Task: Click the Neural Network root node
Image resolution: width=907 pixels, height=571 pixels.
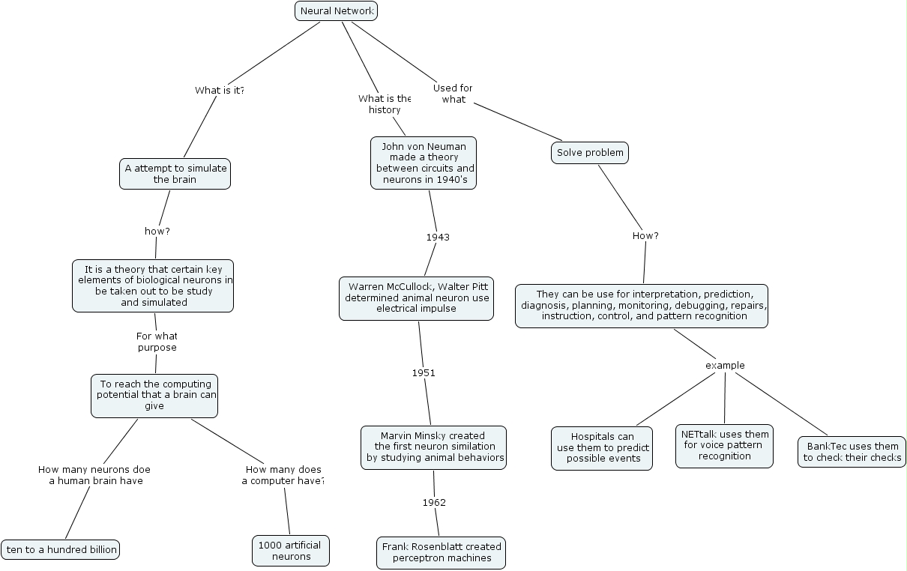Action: coord(336,11)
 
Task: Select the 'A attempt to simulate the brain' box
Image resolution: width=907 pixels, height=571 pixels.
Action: coord(175,174)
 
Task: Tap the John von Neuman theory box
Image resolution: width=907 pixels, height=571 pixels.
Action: coord(424,163)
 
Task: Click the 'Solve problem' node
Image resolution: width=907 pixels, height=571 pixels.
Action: coord(590,153)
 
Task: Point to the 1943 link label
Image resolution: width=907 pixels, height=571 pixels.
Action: coord(438,238)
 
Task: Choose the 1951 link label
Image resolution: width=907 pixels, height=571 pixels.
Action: coord(424,372)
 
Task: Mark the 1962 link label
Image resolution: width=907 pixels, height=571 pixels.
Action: coord(434,502)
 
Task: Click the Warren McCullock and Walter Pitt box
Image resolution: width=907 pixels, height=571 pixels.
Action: coord(416,298)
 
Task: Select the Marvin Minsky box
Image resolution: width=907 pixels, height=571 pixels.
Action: coord(433,447)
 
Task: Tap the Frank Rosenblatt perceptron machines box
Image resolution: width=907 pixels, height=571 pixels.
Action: coord(441,552)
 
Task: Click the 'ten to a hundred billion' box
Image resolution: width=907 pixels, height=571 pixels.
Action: coord(61,550)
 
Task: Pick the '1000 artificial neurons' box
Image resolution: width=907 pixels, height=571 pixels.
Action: coord(291,551)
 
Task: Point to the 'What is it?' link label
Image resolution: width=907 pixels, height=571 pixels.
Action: coord(220,91)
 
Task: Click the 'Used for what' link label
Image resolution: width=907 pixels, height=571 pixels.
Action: coord(453,94)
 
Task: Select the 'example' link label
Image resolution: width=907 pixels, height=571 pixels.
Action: coord(725,366)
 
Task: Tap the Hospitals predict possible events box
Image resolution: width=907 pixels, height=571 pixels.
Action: coord(602,448)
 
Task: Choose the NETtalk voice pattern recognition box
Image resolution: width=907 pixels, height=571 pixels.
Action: coord(724,446)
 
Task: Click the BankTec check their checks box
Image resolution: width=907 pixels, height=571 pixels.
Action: coord(852,453)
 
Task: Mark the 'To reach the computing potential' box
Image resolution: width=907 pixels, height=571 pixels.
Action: coord(155,396)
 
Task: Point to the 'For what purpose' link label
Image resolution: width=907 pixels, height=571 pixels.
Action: coord(157,342)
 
